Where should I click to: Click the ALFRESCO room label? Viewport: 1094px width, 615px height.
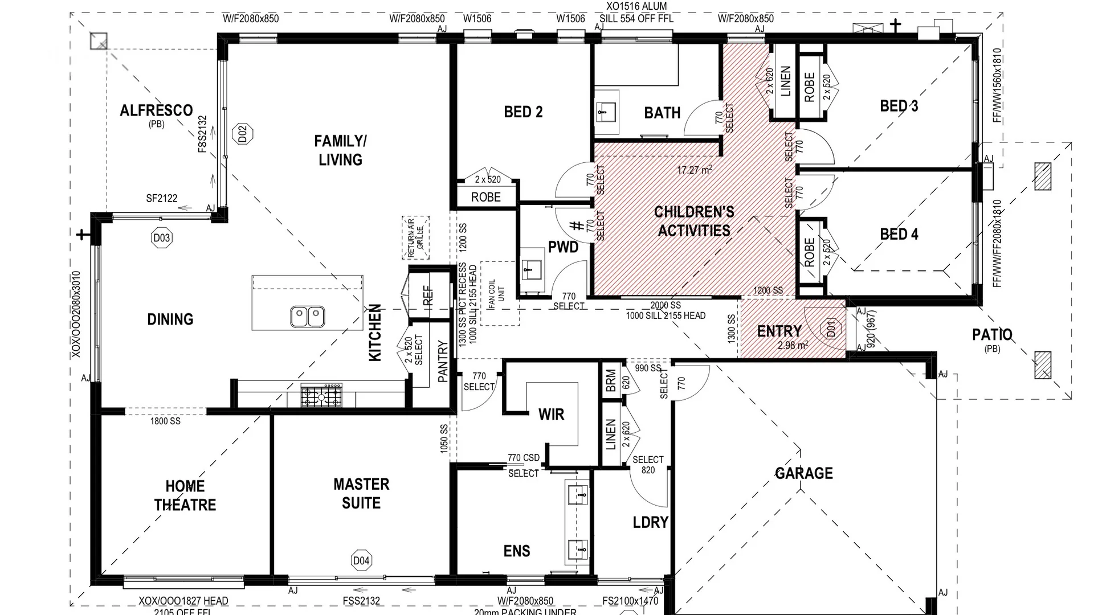click(156, 110)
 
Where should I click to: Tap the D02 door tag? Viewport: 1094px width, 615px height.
click(243, 134)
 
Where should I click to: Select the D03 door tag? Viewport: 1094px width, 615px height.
click(162, 238)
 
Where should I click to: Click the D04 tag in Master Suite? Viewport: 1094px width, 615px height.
click(361, 560)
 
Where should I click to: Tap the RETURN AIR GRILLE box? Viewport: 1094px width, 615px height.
click(415, 237)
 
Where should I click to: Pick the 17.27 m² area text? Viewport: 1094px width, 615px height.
click(695, 170)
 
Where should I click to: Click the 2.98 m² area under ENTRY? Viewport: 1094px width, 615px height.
click(793, 345)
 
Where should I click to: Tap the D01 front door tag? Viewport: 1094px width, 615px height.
click(831, 329)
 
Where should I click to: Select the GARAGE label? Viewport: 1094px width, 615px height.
click(803, 473)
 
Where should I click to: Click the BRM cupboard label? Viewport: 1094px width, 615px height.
click(611, 380)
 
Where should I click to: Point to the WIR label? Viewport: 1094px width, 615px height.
click(551, 415)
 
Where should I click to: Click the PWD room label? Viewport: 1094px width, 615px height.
click(563, 247)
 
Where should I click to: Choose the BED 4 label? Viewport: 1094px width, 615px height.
click(899, 234)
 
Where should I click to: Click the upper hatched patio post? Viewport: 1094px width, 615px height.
click(1043, 177)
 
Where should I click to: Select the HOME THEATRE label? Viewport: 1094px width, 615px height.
click(185, 495)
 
